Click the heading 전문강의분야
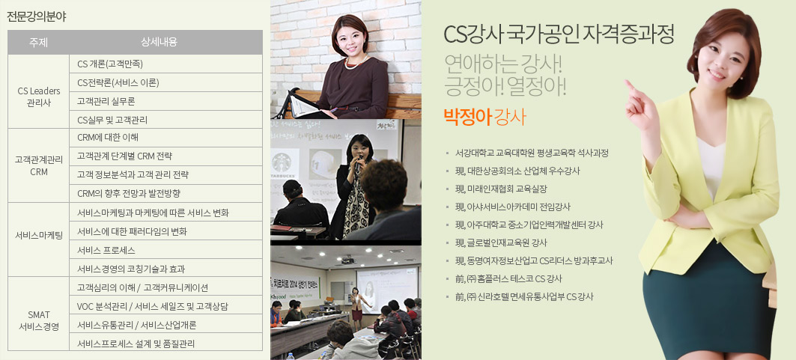pos(37,16)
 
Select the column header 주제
pos(39,43)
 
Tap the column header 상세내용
pos(166,43)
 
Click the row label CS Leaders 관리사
pos(39,97)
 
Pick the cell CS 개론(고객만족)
pos(110,64)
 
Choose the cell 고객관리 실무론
pos(106,101)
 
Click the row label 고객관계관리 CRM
pos(39,165)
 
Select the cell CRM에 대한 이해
pos(108,138)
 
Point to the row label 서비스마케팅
pos(39,235)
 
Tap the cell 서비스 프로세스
pos(106,251)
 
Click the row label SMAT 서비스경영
pos(39,321)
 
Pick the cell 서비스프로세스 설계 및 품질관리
pos(136,344)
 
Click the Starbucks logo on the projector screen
pos(285,162)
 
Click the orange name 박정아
pos(467,117)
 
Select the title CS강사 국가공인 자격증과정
pos(559,34)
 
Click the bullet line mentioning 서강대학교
pos(532,153)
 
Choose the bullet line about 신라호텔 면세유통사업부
pos(524,296)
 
